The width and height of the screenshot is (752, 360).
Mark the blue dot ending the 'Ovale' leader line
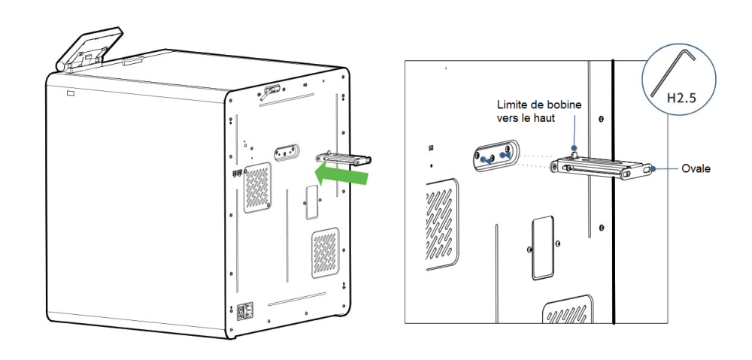(x=653, y=169)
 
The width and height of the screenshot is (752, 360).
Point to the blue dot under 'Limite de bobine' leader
(x=574, y=147)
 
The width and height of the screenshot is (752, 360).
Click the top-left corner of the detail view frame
(x=405, y=60)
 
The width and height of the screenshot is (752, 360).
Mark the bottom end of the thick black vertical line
(x=614, y=324)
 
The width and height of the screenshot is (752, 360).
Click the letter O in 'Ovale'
(x=685, y=169)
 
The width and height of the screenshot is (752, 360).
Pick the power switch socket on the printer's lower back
(x=243, y=312)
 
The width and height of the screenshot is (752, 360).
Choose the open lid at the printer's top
(x=89, y=49)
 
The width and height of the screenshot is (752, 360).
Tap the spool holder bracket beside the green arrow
(x=344, y=159)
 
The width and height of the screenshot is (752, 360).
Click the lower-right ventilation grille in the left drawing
(x=326, y=253)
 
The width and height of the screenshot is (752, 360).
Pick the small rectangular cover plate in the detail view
(x=543, y=247)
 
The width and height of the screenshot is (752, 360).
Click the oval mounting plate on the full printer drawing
(x=287, y=152)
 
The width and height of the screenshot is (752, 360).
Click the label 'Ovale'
(x=696, y=169)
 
